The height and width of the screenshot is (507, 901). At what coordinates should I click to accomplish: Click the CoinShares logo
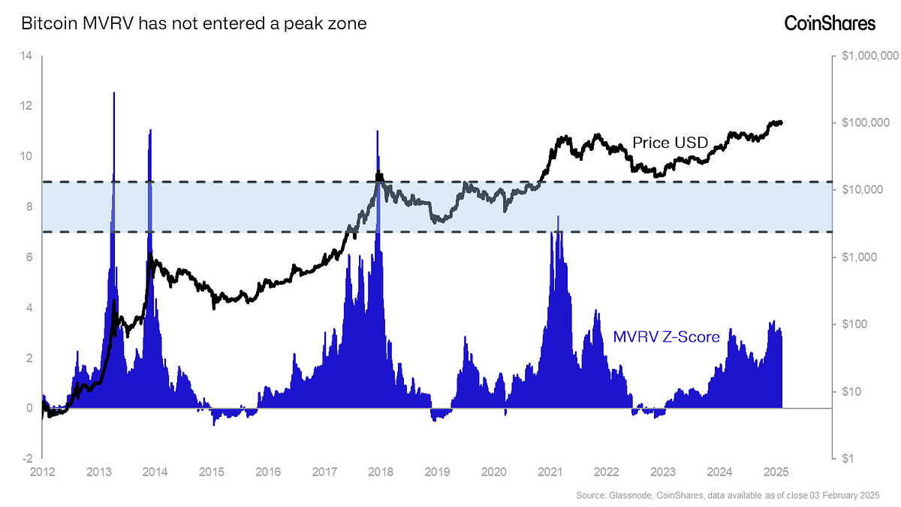830,23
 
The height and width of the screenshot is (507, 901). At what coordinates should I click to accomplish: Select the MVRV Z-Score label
666,336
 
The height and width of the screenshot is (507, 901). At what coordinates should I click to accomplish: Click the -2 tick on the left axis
25,458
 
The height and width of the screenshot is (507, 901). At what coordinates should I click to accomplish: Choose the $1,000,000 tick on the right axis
869,56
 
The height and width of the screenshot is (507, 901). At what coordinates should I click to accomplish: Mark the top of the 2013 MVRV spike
114,93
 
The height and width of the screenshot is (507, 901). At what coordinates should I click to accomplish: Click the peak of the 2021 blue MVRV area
558,216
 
